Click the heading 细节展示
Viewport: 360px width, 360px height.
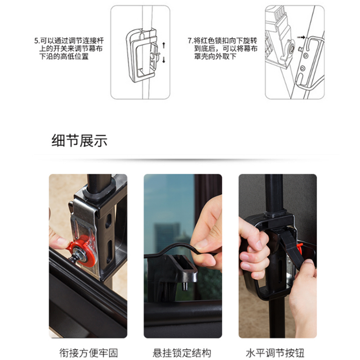[x=79, y=140]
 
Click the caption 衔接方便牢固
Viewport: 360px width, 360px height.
[x=89, y=353]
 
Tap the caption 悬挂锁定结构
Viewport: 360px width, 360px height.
[x=182, y=353]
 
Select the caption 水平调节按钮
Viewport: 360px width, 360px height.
[x=275, y=353]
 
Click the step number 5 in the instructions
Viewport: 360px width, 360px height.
[x=36, y=41]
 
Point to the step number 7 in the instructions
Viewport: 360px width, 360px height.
[x=189, y=41]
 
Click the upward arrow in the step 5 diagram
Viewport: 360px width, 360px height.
[x=164, y=45]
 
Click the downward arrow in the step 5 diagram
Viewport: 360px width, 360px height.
[x=164, y=60]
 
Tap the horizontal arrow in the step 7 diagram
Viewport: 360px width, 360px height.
[x=301, y=37]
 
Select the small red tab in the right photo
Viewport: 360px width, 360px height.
[x=299, y=247]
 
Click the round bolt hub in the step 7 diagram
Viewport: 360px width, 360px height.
[x=292, y=48]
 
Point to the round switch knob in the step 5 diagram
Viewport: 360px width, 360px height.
[x=153, y=56]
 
